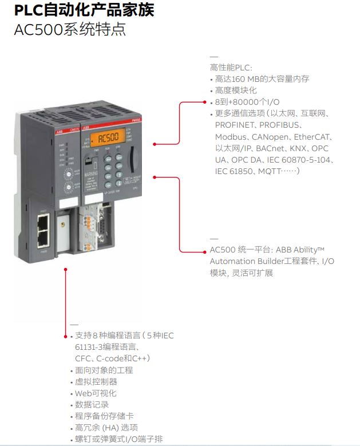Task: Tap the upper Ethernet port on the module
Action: [x=43, y=219]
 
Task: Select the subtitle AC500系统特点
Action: [x=69, y=29]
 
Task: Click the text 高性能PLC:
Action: [x=231, y=68]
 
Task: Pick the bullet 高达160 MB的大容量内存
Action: [x=262, y=79]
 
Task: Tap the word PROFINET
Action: [x=236, y=125]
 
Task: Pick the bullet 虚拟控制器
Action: [x=96, y=381]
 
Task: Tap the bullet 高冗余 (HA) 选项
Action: [x=106, y=427]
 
